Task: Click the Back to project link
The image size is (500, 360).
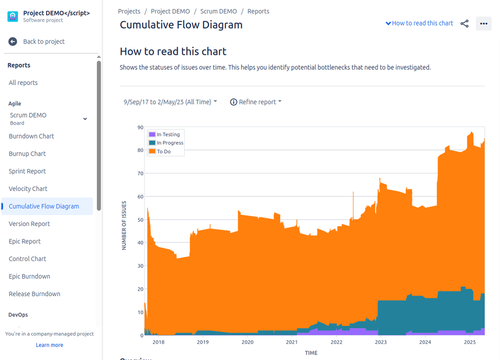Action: click(44, 41)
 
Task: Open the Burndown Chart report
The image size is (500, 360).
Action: click(31, 136)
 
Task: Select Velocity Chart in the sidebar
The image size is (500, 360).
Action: click(28, 188)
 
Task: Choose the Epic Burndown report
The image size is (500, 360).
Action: click(30, 276)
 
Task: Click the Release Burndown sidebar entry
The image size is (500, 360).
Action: click(35, 293)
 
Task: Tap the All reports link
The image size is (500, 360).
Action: click(23, 82)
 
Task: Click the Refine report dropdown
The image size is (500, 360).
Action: click(256, 102)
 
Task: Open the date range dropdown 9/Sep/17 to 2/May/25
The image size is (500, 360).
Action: click(170, 102)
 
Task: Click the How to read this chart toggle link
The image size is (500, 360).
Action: click(419, 23)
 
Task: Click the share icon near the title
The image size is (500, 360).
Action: click(464, 23)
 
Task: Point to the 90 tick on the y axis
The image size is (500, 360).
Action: click(140, 127)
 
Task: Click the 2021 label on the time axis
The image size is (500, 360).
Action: click(292, 342)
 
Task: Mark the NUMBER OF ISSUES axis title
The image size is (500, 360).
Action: click(124, 225)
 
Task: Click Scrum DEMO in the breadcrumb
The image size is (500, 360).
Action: click(219, 11)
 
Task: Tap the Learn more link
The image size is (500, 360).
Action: click(50, 345)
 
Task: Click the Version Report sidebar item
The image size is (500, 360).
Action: click(29, 223)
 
